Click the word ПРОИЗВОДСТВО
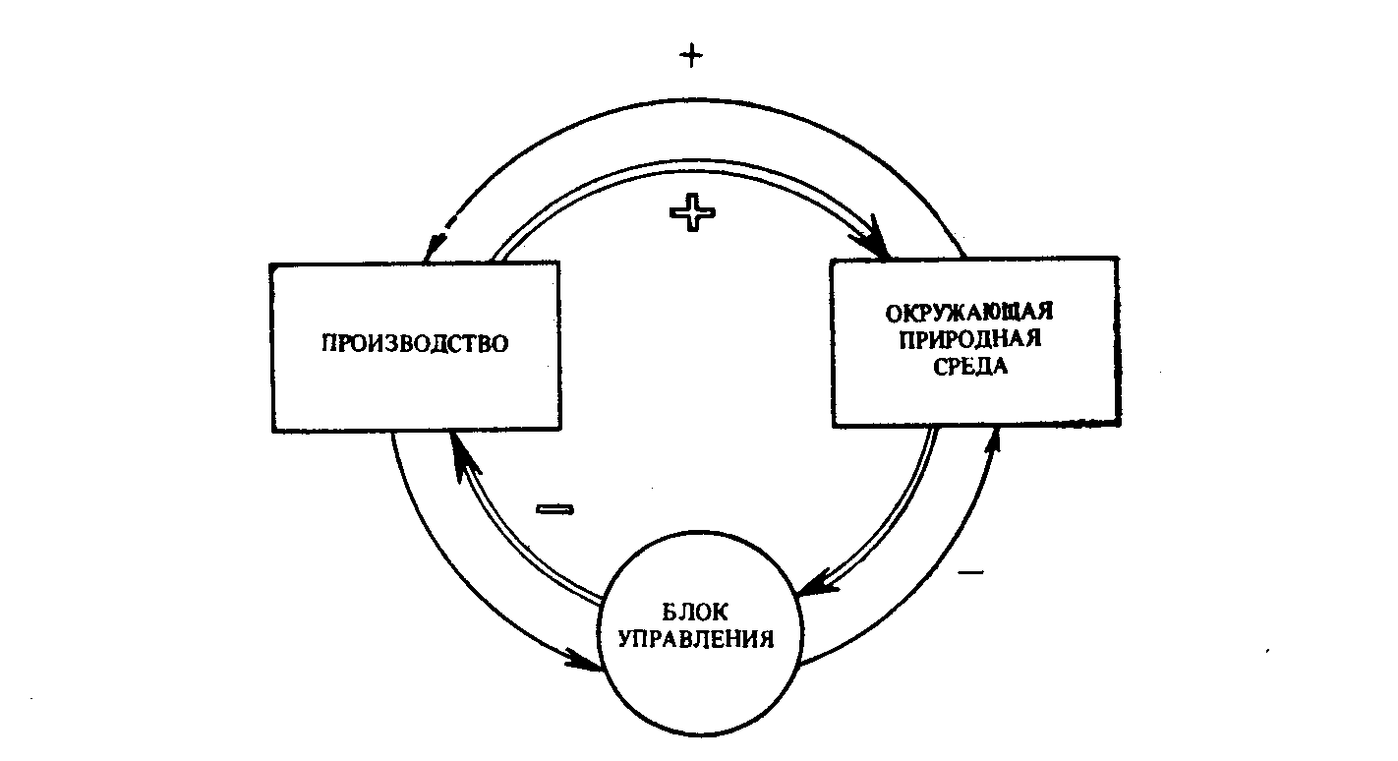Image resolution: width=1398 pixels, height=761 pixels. click(415, 343)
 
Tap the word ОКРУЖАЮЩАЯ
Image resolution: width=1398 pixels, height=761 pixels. click(969, 312)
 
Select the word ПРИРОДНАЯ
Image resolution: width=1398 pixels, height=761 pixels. click(970, 339)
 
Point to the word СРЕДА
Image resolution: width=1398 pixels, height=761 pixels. click(970, 366)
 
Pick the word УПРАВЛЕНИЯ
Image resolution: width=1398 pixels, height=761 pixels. click(695, 639)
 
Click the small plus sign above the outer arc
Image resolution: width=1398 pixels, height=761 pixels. click(691, 56)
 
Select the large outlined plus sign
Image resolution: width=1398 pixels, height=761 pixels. click(692, 213)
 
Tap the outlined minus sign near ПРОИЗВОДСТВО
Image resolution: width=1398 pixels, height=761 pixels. click(554, 509)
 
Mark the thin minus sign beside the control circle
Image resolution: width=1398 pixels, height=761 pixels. click(970, 572)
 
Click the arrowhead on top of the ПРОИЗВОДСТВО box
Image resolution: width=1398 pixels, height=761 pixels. click(434, 248)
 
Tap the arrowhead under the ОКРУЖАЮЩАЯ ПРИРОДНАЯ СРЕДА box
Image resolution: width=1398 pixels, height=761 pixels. click(993, 440)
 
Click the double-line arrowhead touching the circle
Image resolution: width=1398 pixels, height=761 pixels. click(818, 582)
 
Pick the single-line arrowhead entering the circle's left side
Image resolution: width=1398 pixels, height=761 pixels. click(585, 661)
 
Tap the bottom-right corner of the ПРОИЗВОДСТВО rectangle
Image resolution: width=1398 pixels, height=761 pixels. click(559, 429)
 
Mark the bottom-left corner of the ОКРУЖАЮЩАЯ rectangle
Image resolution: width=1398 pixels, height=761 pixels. click(833, 427)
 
